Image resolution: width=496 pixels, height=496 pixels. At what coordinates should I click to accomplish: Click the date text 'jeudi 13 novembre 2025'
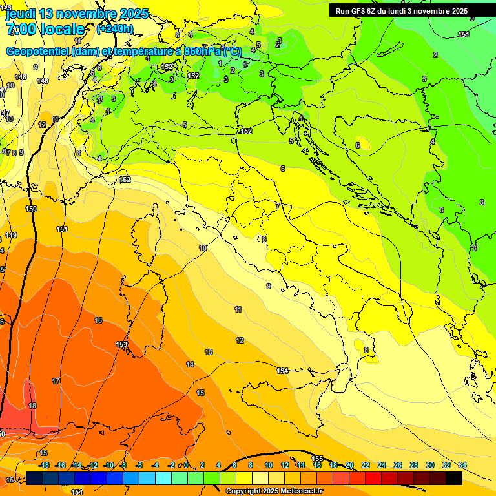(77, 14)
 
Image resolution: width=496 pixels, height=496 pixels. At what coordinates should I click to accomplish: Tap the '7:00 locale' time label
(45, 29)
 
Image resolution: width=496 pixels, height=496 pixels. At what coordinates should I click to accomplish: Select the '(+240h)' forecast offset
(115, 29)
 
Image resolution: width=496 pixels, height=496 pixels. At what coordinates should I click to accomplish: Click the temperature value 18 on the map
(32, 406)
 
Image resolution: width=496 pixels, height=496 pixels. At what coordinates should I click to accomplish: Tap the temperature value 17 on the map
(56, 382)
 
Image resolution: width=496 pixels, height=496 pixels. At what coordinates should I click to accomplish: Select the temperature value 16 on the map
(98, 320)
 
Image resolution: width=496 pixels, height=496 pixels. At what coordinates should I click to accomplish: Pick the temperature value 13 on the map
(209, 352)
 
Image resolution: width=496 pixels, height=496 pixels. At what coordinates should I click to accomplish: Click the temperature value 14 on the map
(190, 365)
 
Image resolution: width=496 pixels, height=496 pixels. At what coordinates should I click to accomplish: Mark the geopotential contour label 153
(121, 344)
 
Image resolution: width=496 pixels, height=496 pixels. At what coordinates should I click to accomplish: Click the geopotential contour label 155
(317, 459)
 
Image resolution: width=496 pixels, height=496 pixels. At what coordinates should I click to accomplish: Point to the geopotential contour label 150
(31, 209)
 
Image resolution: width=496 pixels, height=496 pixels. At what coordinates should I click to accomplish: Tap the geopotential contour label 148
(21, 77)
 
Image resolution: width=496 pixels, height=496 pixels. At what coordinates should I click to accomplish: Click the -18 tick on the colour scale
(44, 465)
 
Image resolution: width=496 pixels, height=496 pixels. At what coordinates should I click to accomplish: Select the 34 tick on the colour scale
(462, 465)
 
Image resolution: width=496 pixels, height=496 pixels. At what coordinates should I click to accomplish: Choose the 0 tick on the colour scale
(186, 465)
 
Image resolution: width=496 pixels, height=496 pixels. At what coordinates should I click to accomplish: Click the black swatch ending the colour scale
(454, 478)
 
